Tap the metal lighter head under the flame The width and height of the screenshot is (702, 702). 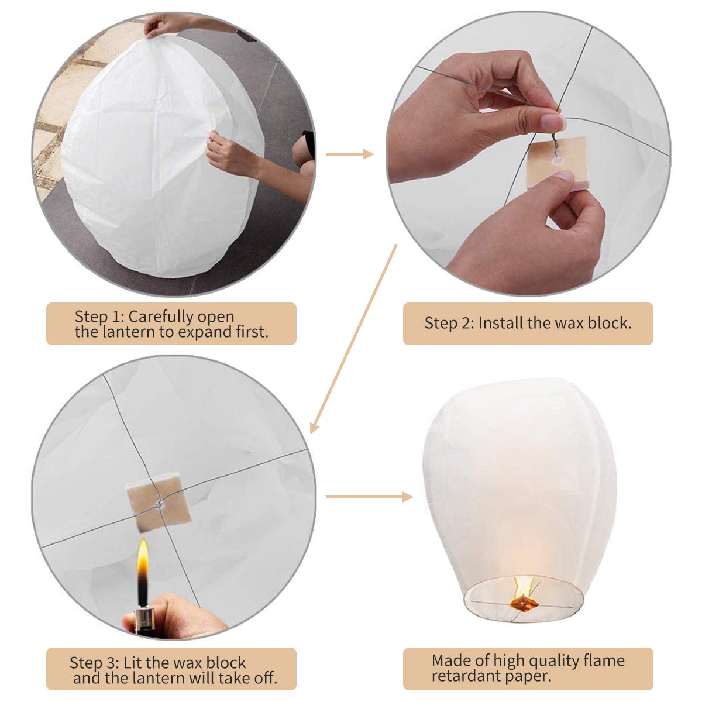[144, 620]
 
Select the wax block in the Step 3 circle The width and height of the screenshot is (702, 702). [159, 501]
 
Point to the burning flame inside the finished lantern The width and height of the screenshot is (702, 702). [522, 591]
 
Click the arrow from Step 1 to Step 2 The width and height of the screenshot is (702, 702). [349, 154]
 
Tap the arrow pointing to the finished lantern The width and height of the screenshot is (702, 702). [369, 497]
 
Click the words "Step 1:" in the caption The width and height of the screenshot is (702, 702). [99, 316]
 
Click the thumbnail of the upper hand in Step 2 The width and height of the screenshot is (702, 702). [553, 122]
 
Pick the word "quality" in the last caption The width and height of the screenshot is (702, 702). [552, 660]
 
